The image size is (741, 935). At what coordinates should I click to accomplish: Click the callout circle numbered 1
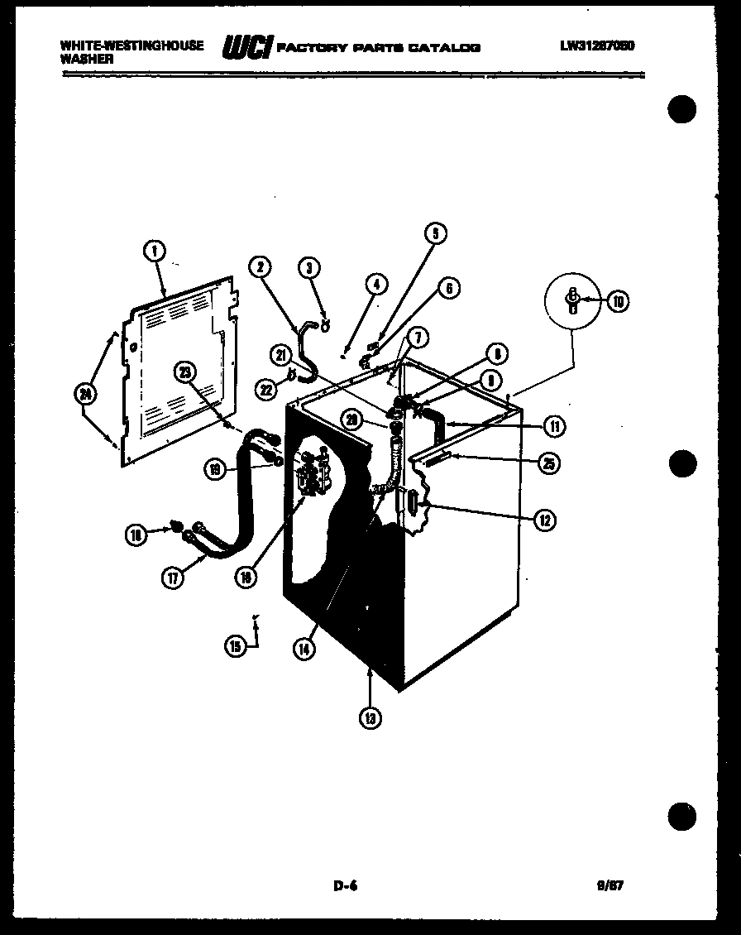tap(155, 251)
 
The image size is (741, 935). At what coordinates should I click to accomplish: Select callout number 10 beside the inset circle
tap(618, 301)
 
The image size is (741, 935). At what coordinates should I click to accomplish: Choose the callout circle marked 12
tap(544, 520)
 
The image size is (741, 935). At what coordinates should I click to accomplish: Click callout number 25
tap(547, 463)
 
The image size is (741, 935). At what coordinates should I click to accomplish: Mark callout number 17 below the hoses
tap(172, 579)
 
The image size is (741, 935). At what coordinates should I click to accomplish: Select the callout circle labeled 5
tap(436, 233)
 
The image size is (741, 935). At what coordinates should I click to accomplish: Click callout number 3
tap(308, 267)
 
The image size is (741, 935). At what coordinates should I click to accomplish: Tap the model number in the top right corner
tap(596, 46)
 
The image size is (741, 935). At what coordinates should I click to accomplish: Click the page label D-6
tap(345, 885)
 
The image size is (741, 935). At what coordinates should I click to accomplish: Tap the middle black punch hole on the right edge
tap(681, 462)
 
